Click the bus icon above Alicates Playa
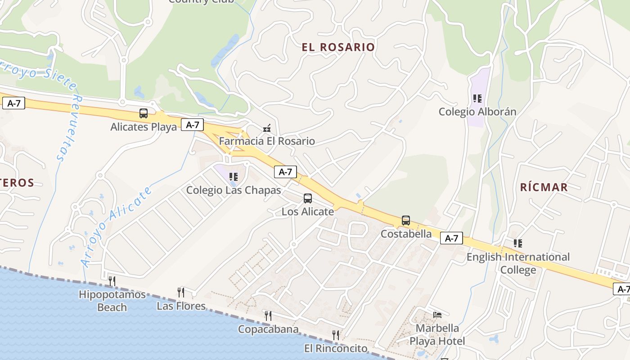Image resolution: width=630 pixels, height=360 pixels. point(144,113)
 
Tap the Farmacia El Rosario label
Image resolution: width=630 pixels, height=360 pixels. point(267,141)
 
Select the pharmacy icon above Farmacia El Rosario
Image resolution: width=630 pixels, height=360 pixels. point(267,128)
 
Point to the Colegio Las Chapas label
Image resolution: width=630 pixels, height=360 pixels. point(234,190)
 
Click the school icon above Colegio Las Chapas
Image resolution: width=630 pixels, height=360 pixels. point(233,177)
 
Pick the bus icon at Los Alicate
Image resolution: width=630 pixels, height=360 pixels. point(308,198)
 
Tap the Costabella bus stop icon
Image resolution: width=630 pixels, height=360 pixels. point(406,220)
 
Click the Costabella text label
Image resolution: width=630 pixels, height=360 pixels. point(406,234)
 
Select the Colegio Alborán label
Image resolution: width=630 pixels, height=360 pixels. point(477,112)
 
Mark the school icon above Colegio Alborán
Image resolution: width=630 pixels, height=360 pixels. point(477,98)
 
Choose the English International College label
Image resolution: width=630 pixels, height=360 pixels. point(518,263)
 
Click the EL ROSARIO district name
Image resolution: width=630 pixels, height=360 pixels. point(338,47)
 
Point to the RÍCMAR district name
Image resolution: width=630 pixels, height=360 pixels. point(544,187)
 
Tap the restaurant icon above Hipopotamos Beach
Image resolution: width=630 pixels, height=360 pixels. point(112,281)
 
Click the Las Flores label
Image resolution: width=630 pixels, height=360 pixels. point(181,306)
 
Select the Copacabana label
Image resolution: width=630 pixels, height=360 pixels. point(268,329)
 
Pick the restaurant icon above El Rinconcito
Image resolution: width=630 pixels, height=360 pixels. point(336,335)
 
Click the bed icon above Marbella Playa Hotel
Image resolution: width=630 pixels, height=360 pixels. point(437,315)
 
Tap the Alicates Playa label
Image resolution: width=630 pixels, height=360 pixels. point(144,127)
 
